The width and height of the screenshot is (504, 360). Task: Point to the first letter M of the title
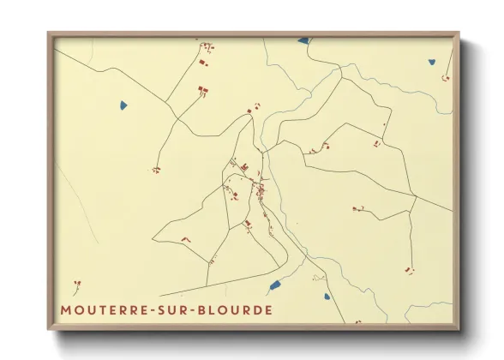click(x=66, y=309)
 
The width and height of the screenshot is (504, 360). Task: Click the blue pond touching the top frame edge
click(x=303, y=39)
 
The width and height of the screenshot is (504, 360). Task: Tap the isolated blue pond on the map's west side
click(x=123, y=105)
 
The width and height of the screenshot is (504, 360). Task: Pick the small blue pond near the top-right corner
click(x=433, y=61)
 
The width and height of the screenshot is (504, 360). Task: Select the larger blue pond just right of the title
click(x=274, y=285)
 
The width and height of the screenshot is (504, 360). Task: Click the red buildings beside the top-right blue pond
click(x=445, y=78)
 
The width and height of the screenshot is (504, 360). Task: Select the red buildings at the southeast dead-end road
click(x=410, y=271)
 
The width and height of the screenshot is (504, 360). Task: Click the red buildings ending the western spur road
click(x=156, y=170)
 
